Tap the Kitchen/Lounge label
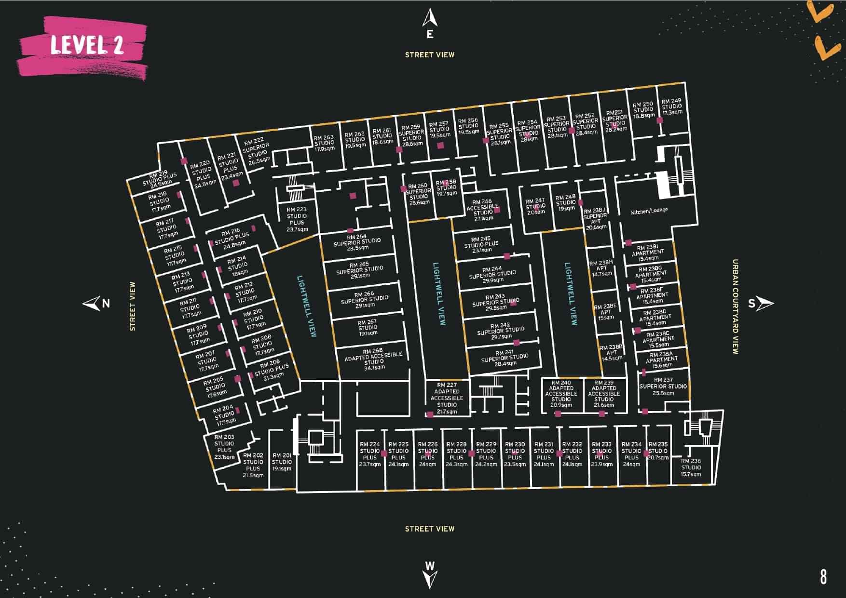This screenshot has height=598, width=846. [649, 211]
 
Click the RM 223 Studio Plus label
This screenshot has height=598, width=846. [296, 219]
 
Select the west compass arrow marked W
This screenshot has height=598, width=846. [430, 573]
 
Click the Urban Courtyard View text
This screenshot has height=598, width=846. [735, 307]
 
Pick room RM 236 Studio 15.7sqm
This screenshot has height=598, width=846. [691, 467]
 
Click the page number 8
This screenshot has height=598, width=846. [823, 576]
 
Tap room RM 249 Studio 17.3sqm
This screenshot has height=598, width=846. [671, 107]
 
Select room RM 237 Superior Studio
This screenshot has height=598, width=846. [663, 386]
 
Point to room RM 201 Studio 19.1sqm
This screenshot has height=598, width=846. [282, 462]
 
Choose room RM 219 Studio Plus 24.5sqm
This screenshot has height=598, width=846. [159, 179]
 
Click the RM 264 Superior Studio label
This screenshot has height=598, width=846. [357, 242]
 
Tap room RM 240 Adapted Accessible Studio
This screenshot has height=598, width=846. [561, 394]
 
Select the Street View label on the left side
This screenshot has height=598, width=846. [133, 306]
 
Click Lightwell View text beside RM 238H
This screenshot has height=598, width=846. [571, 294]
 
